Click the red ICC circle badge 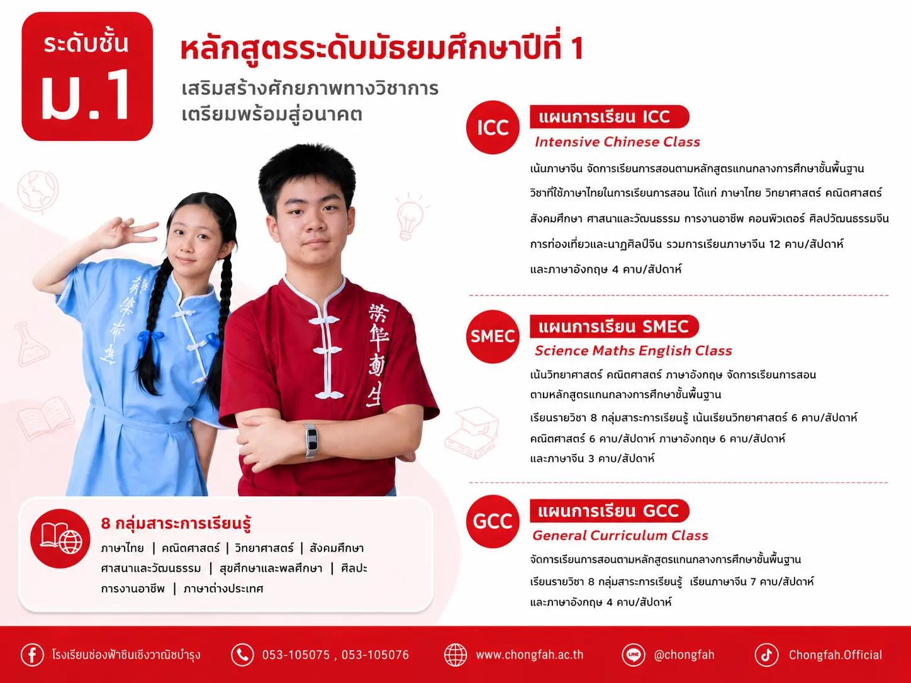[493, 127]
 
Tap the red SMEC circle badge [493, 336]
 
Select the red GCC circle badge [493, 521]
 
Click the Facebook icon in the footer [32, 655]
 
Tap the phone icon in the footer [242, 655]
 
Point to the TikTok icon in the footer [766, 655]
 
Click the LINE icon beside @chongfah [634, 655]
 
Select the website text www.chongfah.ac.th [530, 655]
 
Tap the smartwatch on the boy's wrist [311, 440]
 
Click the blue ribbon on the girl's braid [148, 340]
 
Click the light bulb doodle [411, 216]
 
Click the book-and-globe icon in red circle [60, 538]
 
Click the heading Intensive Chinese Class [617, 142]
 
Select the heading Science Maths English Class [633, 351]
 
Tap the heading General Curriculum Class [620, 535]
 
